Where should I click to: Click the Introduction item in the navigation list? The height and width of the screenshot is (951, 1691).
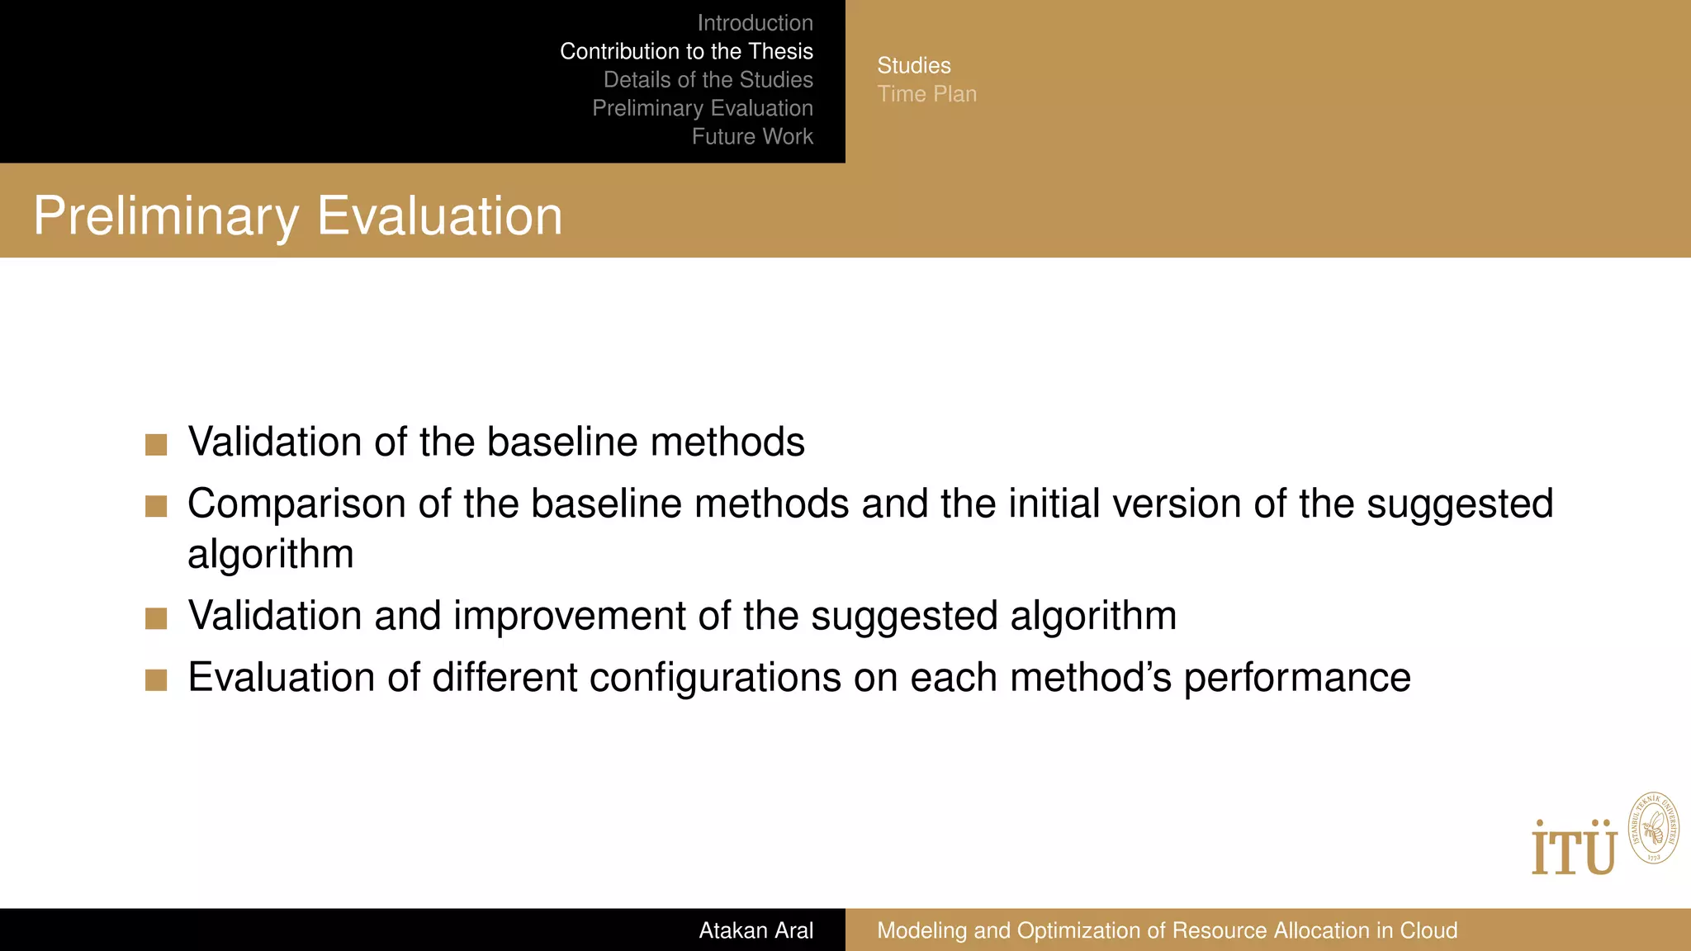click(755, 23)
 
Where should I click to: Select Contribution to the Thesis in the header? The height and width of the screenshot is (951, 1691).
click(686, 51)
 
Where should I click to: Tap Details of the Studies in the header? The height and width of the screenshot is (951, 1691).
click(708, 80)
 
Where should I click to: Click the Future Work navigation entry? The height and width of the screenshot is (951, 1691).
click(752, 136)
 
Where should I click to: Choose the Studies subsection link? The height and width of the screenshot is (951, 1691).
click(913, 65)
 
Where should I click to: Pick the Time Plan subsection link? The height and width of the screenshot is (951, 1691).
click(926, 94)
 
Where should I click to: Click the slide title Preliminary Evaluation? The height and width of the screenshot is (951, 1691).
click(297, 216)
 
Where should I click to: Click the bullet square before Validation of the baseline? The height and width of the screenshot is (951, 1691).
click(156, 445)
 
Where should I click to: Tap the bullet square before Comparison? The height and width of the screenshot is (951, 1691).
click(156, 506)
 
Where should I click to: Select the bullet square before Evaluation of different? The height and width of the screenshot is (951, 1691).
click(156, 680)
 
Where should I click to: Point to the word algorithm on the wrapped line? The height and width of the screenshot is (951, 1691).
click(270, 555)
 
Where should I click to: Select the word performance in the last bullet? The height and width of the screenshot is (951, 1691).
click(1297, 679)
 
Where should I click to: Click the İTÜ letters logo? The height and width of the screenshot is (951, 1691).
click(1574, 849)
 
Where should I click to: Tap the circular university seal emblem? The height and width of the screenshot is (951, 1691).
click(1653, 828)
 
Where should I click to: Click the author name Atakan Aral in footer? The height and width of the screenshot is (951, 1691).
click(756, 930)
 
